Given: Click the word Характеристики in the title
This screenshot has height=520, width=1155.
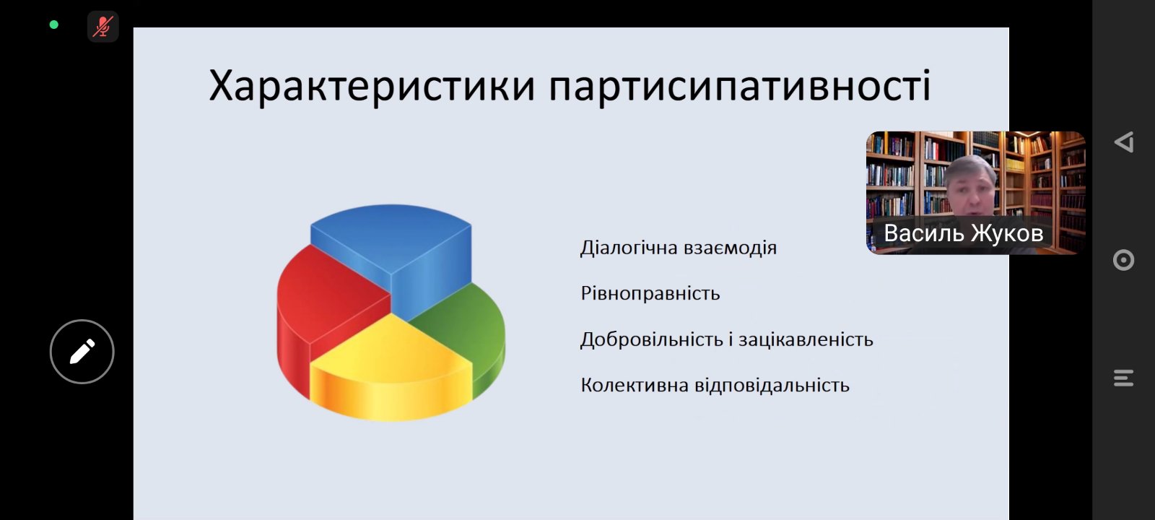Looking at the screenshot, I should tap(372, 87).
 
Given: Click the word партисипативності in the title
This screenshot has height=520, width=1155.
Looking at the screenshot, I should tap(740, 87).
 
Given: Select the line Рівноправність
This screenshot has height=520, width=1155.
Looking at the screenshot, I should tap(650, 294).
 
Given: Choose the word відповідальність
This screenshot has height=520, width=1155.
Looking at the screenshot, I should tap(772, 385).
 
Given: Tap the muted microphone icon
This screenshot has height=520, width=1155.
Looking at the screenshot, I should tap(103, 27).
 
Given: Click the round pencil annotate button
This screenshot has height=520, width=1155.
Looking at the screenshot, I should tap(82, 352).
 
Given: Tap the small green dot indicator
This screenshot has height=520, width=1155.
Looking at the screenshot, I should tap(53, 25).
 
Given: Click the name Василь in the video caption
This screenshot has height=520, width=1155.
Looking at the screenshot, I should tap(923, 233).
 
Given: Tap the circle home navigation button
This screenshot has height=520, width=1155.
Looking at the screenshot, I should tap(1123, 260).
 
